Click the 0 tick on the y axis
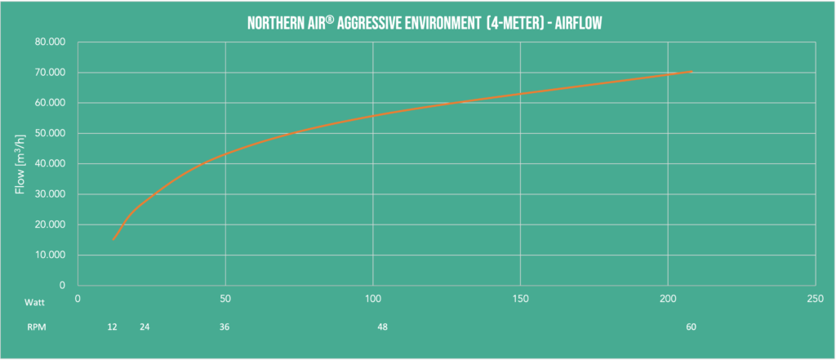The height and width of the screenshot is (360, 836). [x=62, y=285]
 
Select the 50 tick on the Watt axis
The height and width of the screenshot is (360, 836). [x=225, y=300]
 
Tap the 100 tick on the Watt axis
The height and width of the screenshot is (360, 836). [x=372, y=300]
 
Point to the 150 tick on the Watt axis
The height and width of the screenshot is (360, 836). [x=520, y=300]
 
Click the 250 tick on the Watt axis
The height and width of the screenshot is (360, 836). [x=815, y=300]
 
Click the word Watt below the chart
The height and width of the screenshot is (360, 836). [x=33, y=301]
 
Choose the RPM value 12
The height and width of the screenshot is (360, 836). [x=112, y=327]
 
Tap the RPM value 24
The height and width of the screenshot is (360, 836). [x=145, y=327]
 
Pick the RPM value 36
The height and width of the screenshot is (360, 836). [x=225, y=327]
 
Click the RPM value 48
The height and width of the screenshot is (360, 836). [x=382, y=327]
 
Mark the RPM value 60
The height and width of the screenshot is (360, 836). [x=691, y=327]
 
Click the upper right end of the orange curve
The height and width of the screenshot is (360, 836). [x=691, y=73]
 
